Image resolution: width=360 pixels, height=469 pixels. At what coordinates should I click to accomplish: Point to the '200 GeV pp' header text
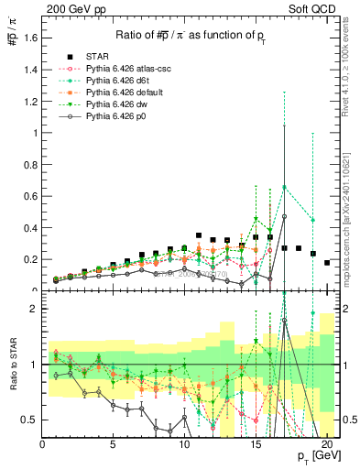72,10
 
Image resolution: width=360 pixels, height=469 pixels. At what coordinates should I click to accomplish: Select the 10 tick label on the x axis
185,445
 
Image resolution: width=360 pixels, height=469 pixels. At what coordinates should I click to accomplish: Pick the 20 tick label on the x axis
327,445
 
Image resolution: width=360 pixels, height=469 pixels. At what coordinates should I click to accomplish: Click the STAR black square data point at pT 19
313,254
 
